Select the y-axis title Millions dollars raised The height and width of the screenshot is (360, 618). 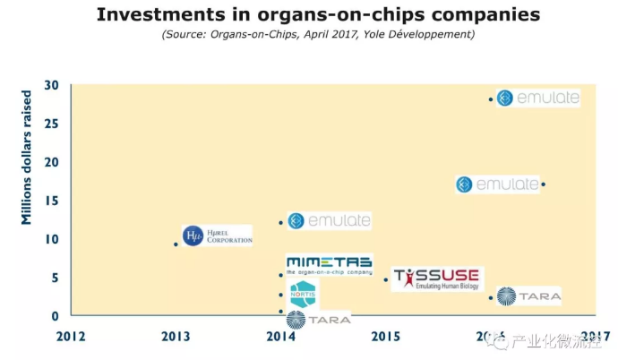click(27, 157)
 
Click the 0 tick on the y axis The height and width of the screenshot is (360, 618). click(55, 315)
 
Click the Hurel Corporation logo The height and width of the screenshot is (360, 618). click(217, 236)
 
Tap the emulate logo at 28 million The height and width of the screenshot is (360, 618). click(537, 98)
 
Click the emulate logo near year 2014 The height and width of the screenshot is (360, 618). click(328, 220)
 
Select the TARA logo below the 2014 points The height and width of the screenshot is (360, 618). click(317, 319)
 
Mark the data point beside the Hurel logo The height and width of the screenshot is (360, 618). click(176, 244)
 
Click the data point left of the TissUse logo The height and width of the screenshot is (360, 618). click(386, 279)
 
